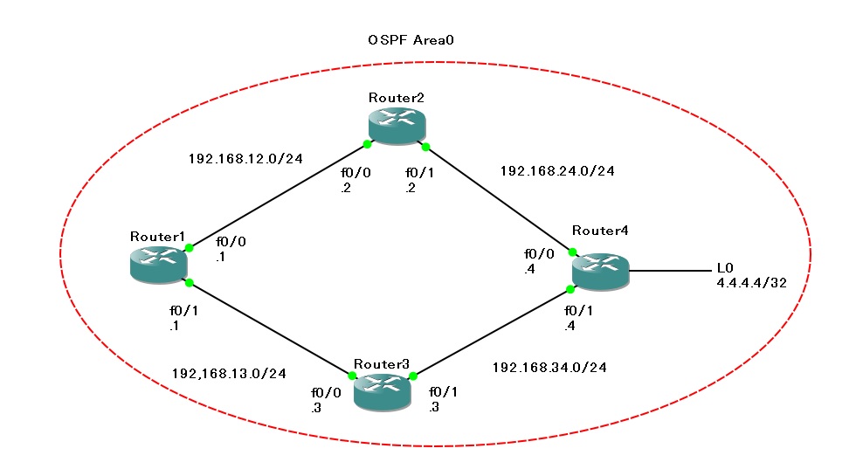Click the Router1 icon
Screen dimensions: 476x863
158,263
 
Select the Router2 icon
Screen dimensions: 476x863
397,126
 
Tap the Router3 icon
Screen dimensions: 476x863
382,391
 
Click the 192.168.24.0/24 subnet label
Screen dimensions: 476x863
557,171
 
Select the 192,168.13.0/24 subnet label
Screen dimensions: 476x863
230,374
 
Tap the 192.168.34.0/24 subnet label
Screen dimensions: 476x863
549,368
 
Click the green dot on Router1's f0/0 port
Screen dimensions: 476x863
190,248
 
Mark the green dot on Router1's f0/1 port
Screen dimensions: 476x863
188,282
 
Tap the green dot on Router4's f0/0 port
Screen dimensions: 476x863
573,252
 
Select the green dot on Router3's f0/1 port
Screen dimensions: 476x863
414,377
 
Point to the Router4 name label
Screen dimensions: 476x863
600,231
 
